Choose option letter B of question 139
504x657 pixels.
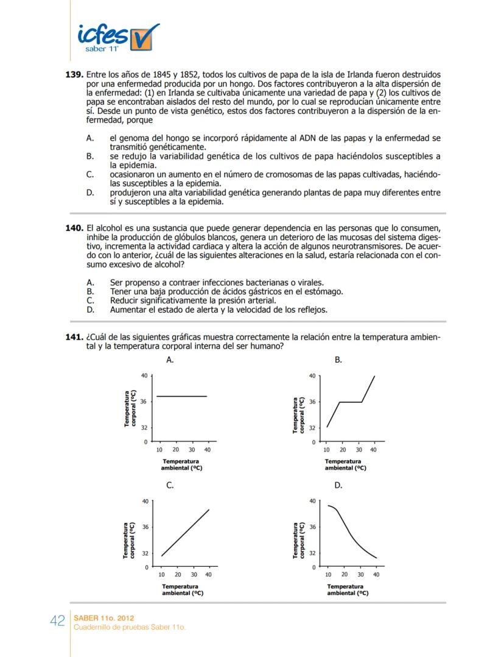point(90,157)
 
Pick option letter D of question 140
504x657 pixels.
point(90,310)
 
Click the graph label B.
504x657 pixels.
point(338,360)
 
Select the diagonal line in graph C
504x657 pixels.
point(185,533)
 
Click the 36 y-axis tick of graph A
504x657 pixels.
point(144,402)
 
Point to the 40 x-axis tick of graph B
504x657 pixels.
point(374,450)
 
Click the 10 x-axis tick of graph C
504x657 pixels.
point(161,574)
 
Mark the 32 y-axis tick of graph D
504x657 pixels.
point(312,553)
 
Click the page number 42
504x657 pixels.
point(58,620)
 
